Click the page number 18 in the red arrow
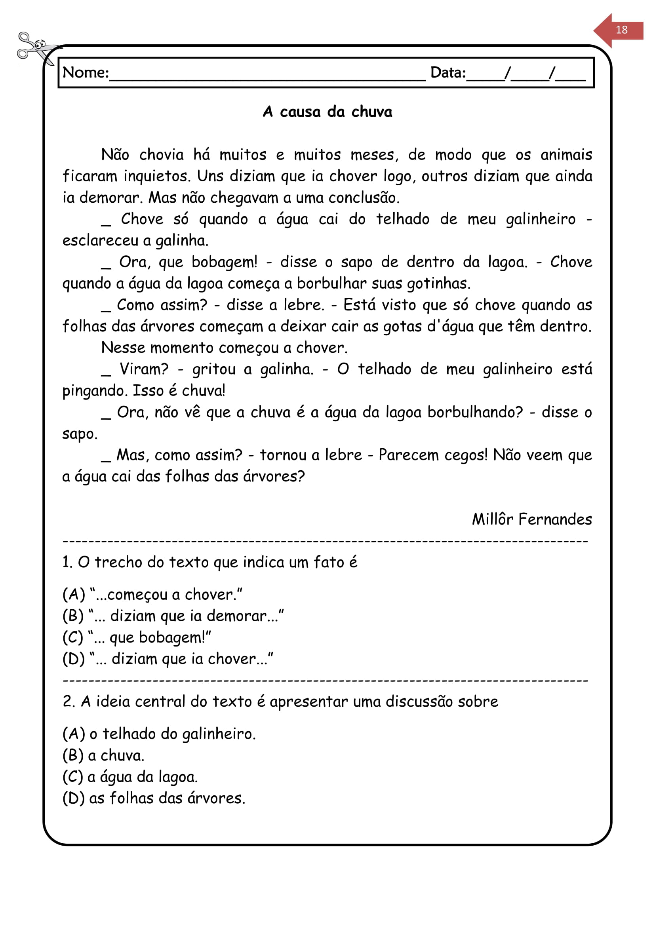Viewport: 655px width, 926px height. click(621, 30)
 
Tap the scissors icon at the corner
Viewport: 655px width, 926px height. click(34, 48)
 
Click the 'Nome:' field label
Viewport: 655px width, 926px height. click(86, 73)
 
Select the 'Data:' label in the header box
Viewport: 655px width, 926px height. click(448, 73)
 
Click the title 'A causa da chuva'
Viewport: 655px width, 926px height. click(327, 112)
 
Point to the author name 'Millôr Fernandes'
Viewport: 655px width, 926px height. click(531, 519)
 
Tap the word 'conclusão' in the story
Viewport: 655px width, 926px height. click(364, 198)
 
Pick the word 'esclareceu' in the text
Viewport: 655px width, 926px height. click(100, 241)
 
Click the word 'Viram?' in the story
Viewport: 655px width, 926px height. click(144, 369)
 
